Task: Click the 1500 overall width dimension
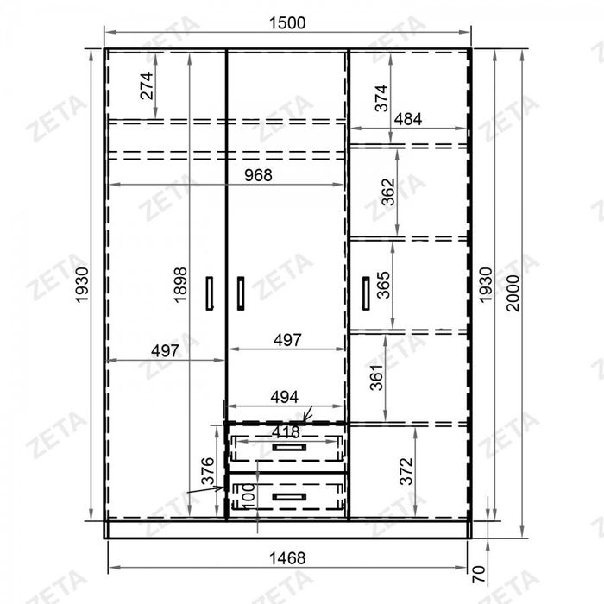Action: [x=287, y=23]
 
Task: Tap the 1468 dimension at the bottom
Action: [x=287, y=558]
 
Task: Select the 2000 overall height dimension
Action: [x=513, y=293]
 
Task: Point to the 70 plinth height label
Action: [x=478, y=575]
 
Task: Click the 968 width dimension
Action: [x=258, y=175]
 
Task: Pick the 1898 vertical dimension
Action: [x=180, y=285]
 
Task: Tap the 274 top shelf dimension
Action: [x=147, y=86]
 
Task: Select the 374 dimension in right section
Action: [x=381, y=98]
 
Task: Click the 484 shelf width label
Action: [x=408, y=119]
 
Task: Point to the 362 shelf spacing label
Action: [x=388, y=192]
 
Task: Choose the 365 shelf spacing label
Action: [x=383, y=285]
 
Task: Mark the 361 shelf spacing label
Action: [x=376, y=378]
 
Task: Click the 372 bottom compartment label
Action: [x=406, y=471]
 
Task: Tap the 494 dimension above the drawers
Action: [x=284, y=397]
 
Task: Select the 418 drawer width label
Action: [x=286, y=431]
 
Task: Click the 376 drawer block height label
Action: [x=208, y=471]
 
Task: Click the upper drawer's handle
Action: [x=289, y=447]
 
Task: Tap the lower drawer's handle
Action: [x=289, y=497]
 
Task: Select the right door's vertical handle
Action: [x=366, y=293]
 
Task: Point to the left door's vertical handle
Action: [x=210, y=293]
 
